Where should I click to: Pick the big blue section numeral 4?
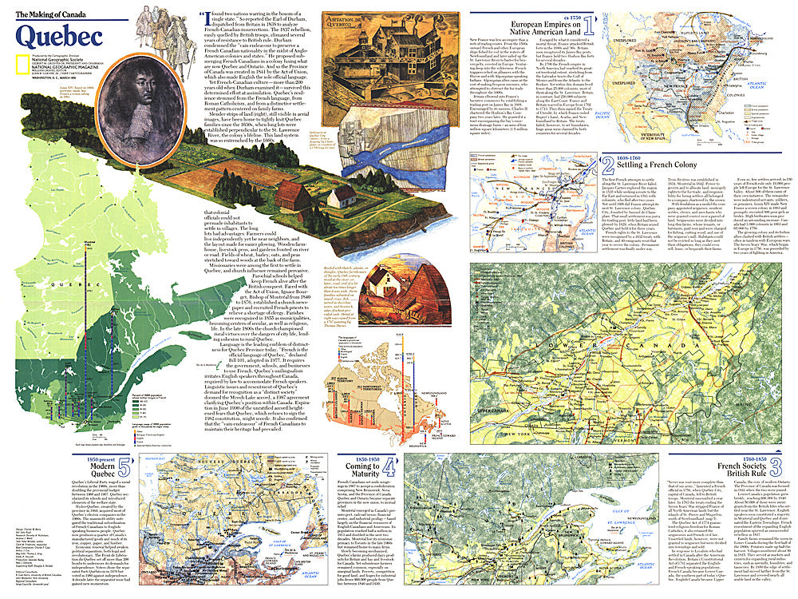[x=387, y=466]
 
